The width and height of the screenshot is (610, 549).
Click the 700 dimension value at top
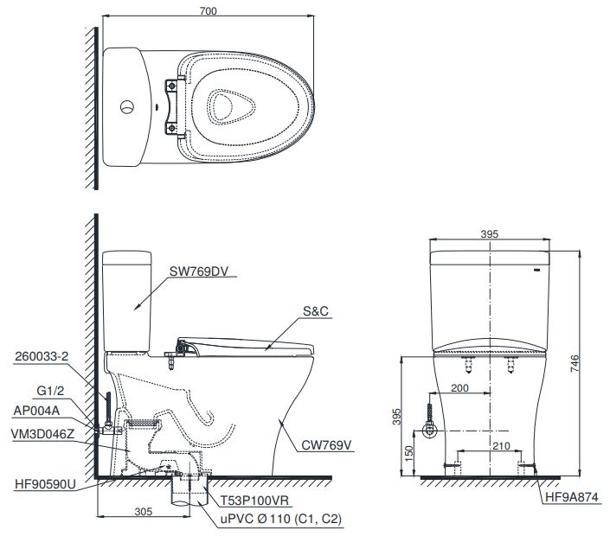[208, 11]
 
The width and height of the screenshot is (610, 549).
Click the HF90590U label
[43, 484]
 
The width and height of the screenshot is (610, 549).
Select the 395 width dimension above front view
[491, 235]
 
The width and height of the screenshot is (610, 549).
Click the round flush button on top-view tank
[125, 107]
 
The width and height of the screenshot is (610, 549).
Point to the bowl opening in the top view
[231, 106]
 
